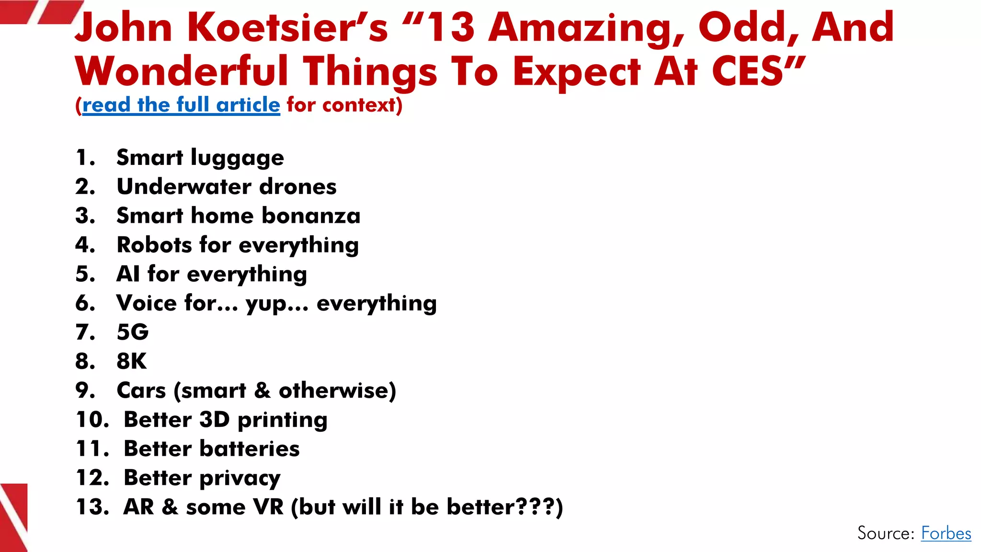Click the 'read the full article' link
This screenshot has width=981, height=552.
click(x=181, y=105)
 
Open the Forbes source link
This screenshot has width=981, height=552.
click(x=946, y=533)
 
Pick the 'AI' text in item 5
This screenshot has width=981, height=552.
click(x=128, y=274)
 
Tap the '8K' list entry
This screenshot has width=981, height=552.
click(x=132, y=361)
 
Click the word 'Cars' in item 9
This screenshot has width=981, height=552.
click(x=141, y=391)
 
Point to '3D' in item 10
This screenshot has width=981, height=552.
click(x=214, y=420)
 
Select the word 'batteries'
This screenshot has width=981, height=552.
click(x=250, y=449)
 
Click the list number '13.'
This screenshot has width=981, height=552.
click(x=93, y=507)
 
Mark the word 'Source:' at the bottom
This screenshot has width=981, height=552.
click(x=886, y=533)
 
